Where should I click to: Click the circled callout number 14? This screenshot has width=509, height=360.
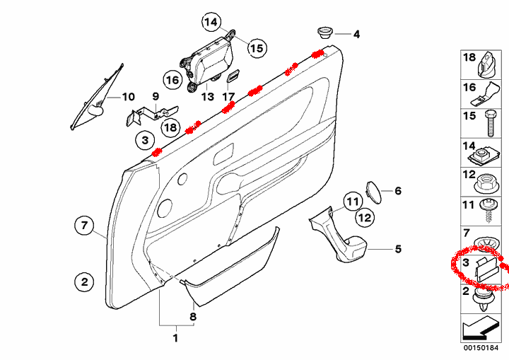click(210, 22)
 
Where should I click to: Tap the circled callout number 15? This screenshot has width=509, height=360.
click(255, 48)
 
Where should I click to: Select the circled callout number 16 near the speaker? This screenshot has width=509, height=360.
click(172, 80)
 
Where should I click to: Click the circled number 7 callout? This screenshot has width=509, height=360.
click(83, 226)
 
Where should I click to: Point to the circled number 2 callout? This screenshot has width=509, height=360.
click(83, 282)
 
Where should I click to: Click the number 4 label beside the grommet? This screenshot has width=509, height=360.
click(356, 34)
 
